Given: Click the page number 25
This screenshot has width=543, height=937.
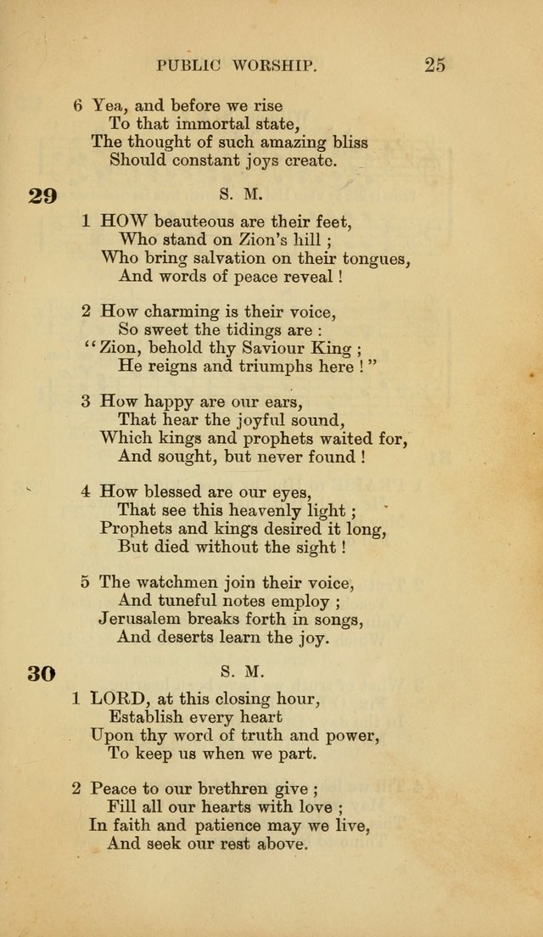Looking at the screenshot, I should coord(434,65).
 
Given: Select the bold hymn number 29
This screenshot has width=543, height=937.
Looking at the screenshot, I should coord(42,197).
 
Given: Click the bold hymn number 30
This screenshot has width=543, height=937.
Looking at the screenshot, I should coord(42,674).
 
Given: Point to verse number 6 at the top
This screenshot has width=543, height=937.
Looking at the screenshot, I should coord(77,105).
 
